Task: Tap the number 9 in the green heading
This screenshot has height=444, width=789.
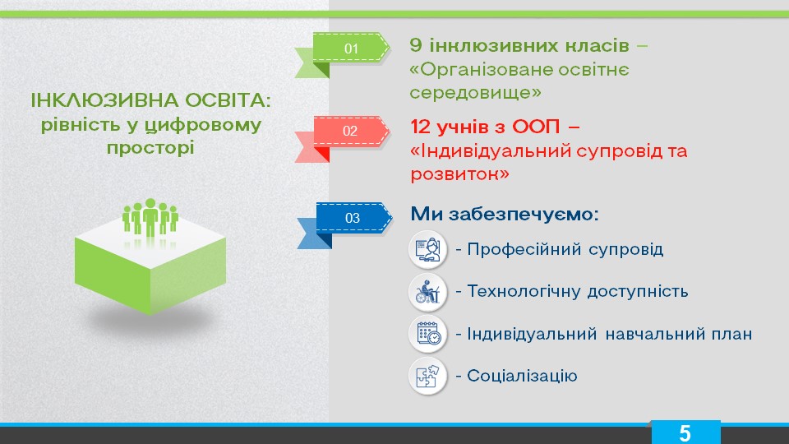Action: [x=416, y=45]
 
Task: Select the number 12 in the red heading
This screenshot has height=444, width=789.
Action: [x=420, y=127]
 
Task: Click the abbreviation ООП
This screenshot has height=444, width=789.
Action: [x=536, y=127]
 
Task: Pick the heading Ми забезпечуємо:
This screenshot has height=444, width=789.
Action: [x=505, y=214]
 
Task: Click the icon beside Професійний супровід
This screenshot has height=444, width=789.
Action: [x=427, y=249]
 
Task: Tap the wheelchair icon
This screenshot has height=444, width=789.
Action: [x=427, y=291]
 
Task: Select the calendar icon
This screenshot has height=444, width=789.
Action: [x=427, y=334]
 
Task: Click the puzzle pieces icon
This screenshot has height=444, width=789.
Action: [x=427, y=376]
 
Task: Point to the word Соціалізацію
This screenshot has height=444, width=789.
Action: [x=522, y=376]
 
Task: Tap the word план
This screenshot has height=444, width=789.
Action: [x=731, y=334]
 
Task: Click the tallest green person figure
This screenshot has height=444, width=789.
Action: [x=150, y=217]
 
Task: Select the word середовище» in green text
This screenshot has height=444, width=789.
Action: [x=476, y=93]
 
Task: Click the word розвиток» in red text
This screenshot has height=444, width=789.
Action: [x=460, y=174]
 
